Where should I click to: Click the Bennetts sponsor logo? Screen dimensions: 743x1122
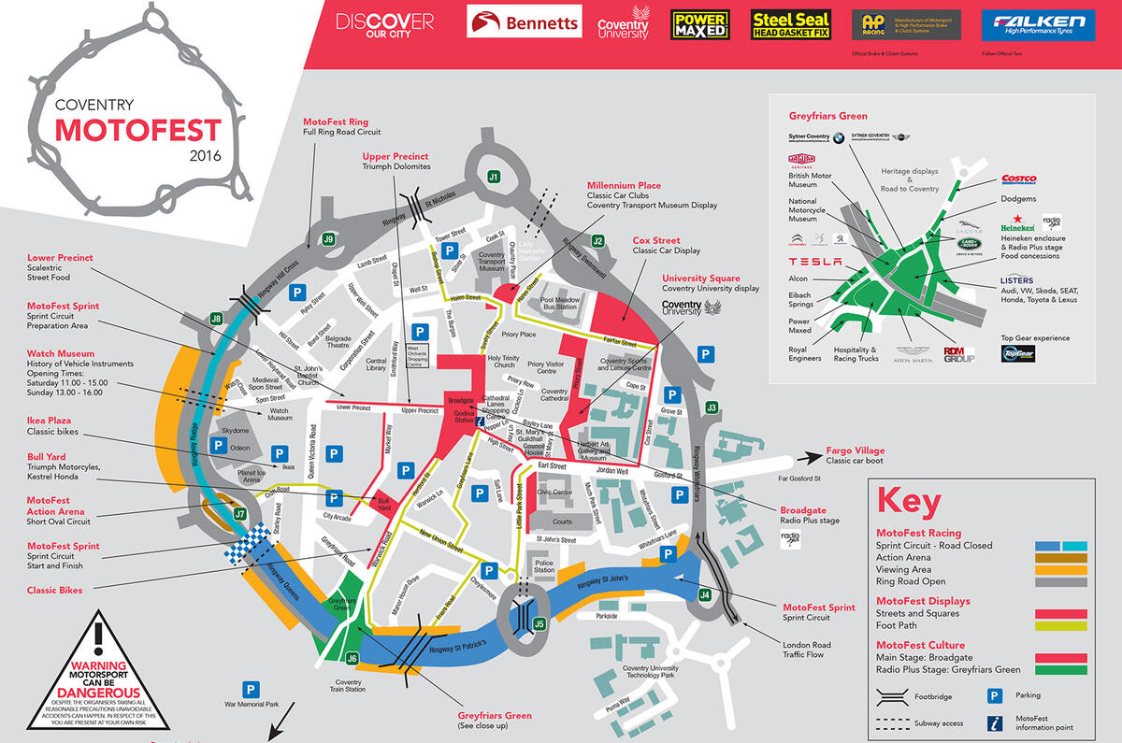[x=524, y=23]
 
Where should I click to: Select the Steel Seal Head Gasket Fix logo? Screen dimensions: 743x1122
[x=791, y=24]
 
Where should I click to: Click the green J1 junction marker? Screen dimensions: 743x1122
[x=494, y=176]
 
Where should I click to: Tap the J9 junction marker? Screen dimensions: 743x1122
[x=328, y=239]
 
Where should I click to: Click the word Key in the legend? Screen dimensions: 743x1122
[x=908, y=501]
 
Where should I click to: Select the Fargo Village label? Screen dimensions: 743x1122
[x=855, y=450]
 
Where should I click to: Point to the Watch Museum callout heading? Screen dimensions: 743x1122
[x=61, y=354]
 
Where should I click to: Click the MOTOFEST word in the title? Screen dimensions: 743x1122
[x=137, y=129]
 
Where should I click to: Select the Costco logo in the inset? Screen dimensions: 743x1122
[x=1018, y=179]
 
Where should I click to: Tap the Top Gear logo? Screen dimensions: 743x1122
[x=1017, y=352]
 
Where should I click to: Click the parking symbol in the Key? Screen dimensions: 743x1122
[x=996, y=695]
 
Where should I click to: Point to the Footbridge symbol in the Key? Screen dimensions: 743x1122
[x=892, y=696]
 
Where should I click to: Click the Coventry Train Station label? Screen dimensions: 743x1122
[x=348, y=687]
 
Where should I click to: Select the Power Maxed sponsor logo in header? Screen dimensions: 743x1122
[x=699, y=24]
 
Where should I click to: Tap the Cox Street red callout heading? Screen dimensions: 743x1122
[x=656, y=240]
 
